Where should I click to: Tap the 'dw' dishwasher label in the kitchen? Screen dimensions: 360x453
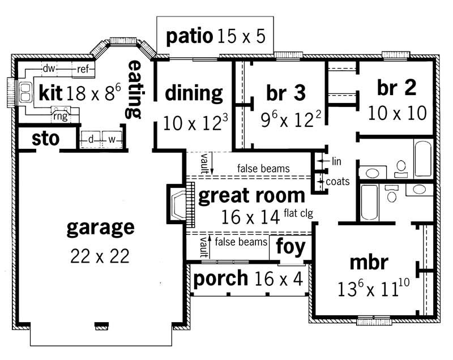(x=48, y=69)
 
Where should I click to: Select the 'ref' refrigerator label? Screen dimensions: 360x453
(x=83, y=69)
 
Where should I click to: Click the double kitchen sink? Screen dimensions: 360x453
(x=25, y=93)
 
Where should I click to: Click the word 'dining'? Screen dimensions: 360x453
(x=194, y=93)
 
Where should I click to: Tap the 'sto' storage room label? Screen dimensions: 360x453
(x=45, y=138)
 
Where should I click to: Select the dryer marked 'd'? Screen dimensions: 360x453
(x=90, y=139)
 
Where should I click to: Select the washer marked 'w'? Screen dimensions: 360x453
(x=112, y=139)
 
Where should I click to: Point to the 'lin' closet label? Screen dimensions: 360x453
(x=337, y=161)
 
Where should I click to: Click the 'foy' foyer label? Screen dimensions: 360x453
(x=290, y=247)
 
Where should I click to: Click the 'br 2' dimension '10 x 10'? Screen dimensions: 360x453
(x=396, y=113)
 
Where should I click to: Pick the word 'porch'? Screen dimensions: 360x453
(x=220, y=278)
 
